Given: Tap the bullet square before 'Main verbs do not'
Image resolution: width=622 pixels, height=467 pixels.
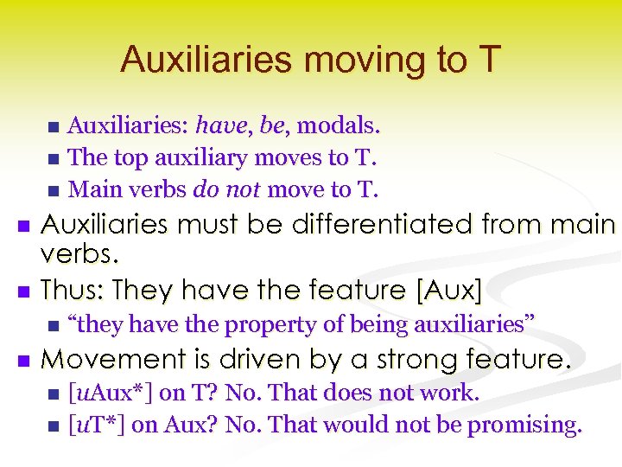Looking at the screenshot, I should (x=54, y=189).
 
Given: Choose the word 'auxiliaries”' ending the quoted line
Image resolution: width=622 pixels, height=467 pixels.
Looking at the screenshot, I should (x=474, y=324).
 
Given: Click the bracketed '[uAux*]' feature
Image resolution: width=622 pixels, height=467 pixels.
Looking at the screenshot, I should (x=111, y=393).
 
